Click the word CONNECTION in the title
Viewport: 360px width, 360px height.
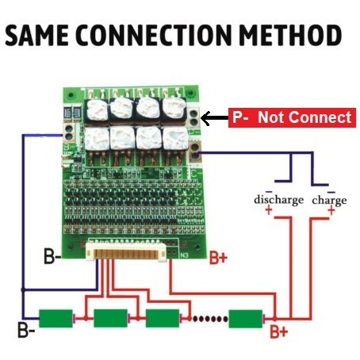[x=154, y=36]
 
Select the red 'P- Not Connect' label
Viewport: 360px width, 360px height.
[x=292, y=117]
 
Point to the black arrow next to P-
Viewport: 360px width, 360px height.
[x=214, y=118]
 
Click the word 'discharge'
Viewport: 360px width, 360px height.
[x=278, y=200]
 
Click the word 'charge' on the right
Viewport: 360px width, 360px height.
[x=329, y=200]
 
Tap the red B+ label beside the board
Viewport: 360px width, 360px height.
[x=218, y=257]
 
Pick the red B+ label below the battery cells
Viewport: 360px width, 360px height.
[x=278, y=331]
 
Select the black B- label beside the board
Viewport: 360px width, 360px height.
[x=52, y=256]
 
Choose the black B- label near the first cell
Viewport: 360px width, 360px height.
[x=26, y=330]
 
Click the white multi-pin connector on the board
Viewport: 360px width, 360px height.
[x=126, y=252]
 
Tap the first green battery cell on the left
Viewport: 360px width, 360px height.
[x=56, y=319]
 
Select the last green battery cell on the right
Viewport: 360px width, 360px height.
[x=246, y=319]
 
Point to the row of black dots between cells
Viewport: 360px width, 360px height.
[x=210, y=319]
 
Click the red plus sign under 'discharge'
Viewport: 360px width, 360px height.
[x=269, y=211]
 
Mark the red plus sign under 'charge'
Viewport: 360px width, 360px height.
[x=331, y=211]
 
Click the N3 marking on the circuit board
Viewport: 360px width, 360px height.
[x=184, y=255]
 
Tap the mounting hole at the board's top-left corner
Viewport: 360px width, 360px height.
[x=71, y=95]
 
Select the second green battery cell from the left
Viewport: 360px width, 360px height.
[x=111, y=319]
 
